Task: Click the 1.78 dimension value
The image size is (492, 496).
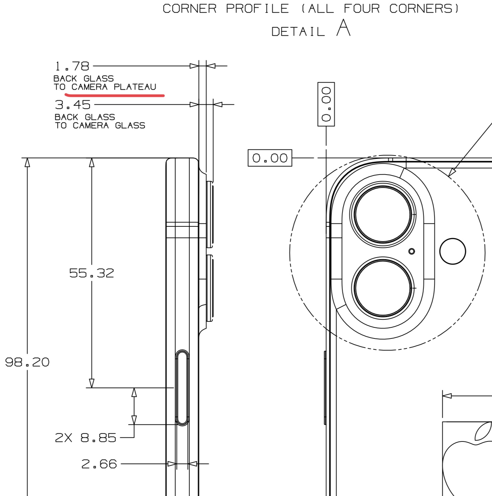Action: tap(72, 66)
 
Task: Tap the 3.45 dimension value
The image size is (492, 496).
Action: tap(73, 105)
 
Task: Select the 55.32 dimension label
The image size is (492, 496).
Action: tap(91, 273)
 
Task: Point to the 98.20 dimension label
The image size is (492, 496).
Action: tap(27, 362)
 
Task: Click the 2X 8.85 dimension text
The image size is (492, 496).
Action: tap(85, 438)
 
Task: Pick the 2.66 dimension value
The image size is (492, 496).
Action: tap(99, 464)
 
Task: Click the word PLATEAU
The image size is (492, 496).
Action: tap(135, 87)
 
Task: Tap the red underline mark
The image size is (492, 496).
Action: tap(114, 95)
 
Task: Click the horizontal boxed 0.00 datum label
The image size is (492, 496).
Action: tap(270, 158)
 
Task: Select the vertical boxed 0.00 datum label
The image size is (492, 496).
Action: tap(326, 104)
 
